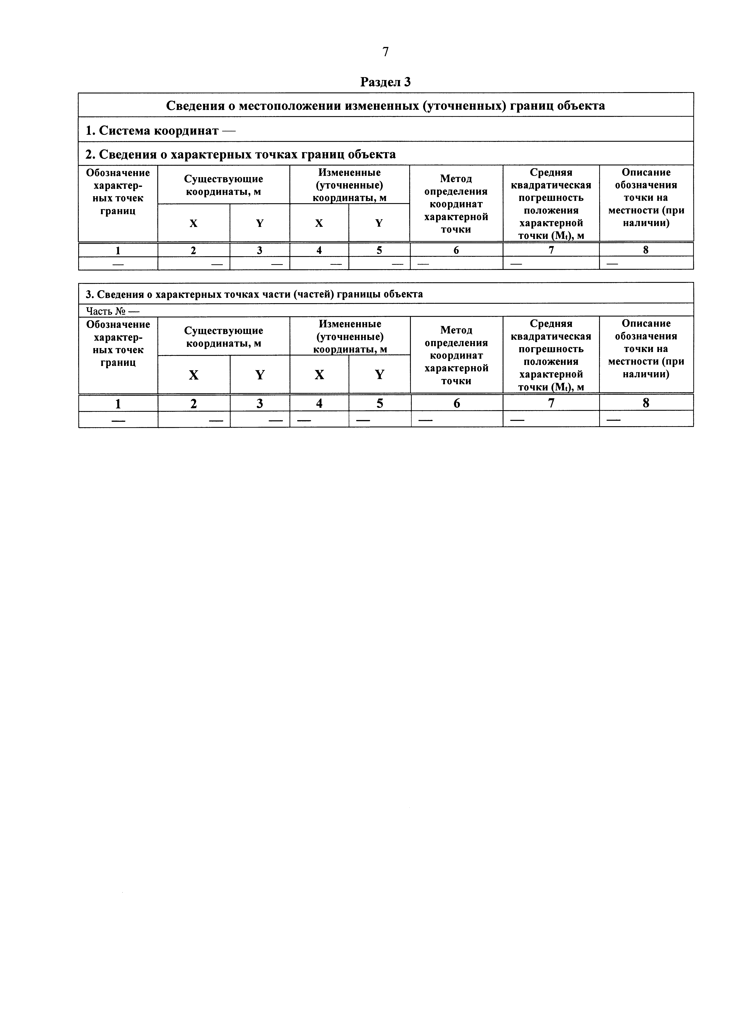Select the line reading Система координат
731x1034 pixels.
[x=160, y=131]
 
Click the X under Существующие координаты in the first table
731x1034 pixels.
[x=193, y=223]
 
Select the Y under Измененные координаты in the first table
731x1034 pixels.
[x=379, y=223]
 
